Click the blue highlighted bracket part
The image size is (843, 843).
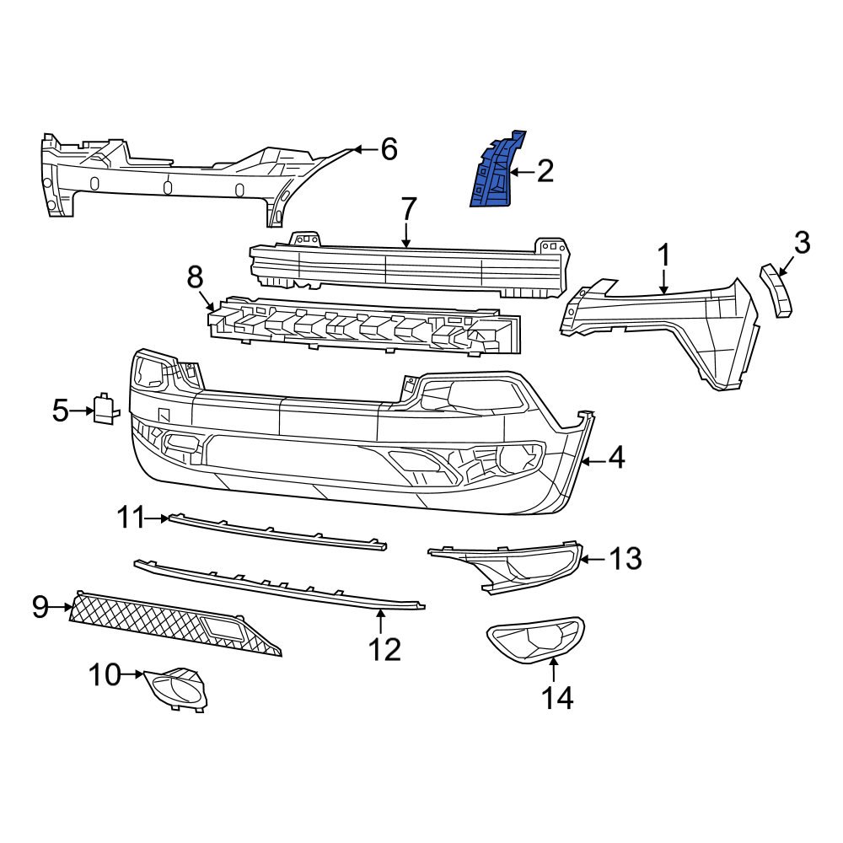(x=496, y=172)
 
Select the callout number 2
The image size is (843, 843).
(x=545, y=173)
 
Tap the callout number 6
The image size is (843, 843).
(x=388, y=149)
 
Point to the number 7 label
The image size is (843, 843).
(x=408, y=207)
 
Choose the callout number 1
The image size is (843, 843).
(x=663, y=254)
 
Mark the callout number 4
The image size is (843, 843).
(x=616, y=459)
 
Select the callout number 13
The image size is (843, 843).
(x=626, y=558)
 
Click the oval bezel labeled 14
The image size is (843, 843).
(x=535, y=640)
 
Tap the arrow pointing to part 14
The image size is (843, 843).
(x=554, y=669)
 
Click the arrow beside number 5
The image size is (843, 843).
(x=83, y=411)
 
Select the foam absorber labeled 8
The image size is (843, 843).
(x=362, y=325)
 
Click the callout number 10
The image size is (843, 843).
(x=105, y=674)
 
